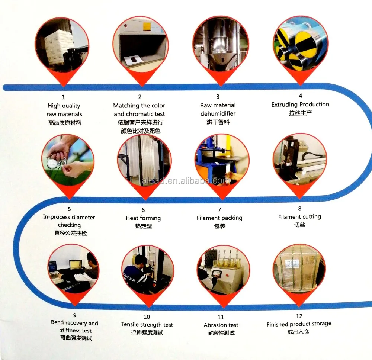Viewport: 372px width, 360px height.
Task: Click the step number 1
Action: [x=63, y=97]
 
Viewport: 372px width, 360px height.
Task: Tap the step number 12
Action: [x=299, y=316]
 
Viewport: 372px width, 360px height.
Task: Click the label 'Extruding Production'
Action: [x=300, y=105]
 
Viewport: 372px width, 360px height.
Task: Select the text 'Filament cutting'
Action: [x=299, y=217]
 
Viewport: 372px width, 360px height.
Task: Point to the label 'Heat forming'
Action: [x=143, y=218]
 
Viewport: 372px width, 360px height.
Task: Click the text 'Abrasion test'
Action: [x=221, y=325]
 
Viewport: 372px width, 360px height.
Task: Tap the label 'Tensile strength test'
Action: [x=147, y=324]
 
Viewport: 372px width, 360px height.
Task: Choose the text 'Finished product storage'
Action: [x=299, y=324]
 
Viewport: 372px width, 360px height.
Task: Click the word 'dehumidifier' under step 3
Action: [x=218, y=113]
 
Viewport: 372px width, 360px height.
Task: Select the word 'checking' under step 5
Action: [x=69, y=225]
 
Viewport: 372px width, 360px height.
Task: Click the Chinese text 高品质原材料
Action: [x=65, y=123]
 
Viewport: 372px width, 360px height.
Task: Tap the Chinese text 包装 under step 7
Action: [x=220, y=226]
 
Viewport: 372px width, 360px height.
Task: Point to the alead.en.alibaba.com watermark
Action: [x=186, y=181]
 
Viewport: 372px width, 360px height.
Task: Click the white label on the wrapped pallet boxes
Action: [x=292, y=264]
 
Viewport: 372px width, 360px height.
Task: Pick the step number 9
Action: [x=75, y=315]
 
